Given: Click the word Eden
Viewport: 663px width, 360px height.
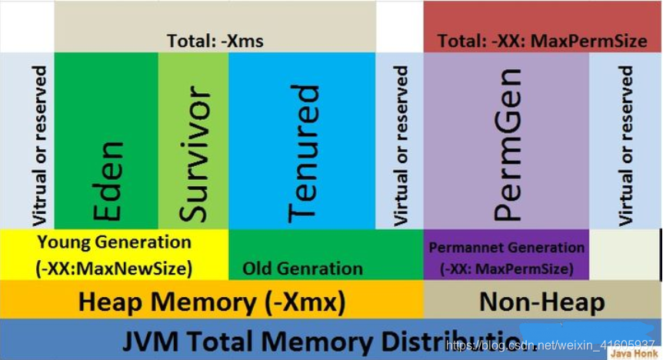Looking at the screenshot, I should [x=108, y=182].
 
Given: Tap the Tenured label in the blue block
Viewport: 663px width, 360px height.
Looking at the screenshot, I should [x=303, y=153].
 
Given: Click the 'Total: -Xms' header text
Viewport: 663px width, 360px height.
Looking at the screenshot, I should [x=215, y=41].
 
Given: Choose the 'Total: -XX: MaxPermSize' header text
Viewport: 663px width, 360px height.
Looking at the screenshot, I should [x=543, y=41].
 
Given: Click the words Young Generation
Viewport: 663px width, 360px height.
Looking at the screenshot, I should [x=114, y=242].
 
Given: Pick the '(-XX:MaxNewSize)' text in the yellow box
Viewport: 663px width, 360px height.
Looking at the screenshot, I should [x=114, y=268].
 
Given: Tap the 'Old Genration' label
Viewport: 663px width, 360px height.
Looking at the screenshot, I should [x=302, y=268].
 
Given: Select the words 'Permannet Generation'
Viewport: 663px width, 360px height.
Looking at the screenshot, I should [x=507, y=248].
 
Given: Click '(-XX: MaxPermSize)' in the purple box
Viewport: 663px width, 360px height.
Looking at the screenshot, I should [x=507, y=268].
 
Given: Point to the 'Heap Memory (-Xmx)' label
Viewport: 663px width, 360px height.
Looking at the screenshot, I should [x=212, y=302].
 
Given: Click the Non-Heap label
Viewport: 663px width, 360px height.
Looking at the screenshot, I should [x=541, y=302].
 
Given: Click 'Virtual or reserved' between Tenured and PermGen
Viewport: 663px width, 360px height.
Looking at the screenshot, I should [x=400, y=145].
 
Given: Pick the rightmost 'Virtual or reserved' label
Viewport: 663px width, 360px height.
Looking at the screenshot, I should [x=625, y=145].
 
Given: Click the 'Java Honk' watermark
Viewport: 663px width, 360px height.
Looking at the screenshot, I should [x=633, y=353].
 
